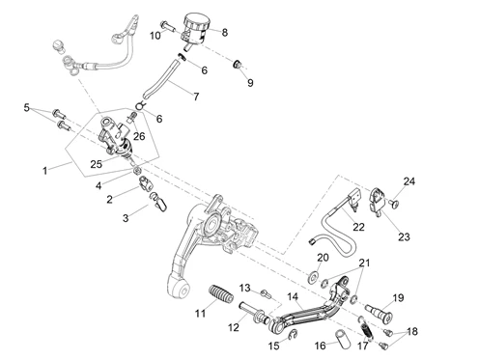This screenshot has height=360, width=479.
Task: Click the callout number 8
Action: click(224, 33)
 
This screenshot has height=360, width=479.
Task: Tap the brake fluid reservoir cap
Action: click(197, 20)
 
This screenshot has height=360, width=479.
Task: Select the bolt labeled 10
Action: click(167, 26)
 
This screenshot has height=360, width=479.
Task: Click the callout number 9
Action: click(250, 83)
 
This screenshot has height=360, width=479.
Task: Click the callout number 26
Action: click(139, 136)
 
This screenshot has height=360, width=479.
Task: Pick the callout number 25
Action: click(96, 164)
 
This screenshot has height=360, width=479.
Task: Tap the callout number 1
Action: click(45, 171)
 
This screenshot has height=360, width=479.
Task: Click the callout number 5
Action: click(27, 107)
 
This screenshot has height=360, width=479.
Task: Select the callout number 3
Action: click(126, 218)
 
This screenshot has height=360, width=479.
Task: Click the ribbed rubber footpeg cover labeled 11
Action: click(221, 293)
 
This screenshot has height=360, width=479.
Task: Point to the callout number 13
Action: click(244, 288)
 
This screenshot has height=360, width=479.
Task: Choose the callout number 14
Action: click(293, 296)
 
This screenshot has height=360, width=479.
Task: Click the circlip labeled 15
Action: click(293, 335)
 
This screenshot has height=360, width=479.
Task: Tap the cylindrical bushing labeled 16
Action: click(344, 339)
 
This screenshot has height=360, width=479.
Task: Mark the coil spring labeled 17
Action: click(366, 329)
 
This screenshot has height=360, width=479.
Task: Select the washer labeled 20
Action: click(312, 277)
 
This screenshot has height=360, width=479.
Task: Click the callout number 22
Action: click(358, 227)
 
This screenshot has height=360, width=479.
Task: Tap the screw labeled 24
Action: click(394, 204)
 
